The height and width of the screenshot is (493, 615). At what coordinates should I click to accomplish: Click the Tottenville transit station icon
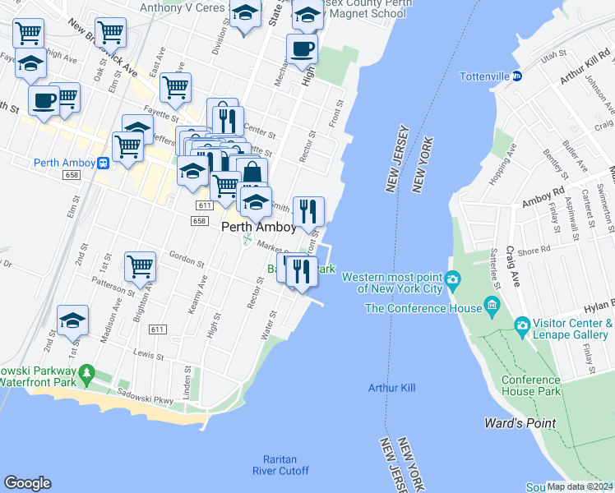517,76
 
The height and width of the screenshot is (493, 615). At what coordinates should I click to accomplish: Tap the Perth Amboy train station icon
104,163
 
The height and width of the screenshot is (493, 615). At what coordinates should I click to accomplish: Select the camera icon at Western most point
452,283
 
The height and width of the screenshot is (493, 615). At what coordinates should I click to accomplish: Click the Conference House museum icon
492,308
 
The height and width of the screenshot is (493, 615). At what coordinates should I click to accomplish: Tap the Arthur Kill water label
390,387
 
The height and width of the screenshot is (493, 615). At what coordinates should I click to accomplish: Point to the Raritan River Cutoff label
280,465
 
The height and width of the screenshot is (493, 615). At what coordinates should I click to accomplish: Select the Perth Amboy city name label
258,228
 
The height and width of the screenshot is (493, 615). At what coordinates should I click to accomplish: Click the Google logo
27,482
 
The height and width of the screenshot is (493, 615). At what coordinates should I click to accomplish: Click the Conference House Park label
530,385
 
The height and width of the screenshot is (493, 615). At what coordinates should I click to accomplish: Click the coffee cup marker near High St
302,48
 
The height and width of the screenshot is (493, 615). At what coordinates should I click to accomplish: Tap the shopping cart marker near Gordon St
141,265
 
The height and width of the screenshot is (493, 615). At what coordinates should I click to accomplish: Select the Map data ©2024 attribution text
580,486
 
